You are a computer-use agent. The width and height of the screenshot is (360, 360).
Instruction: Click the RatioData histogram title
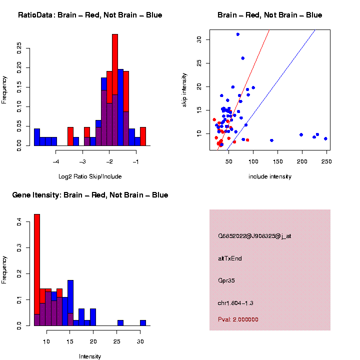tap(90, 15)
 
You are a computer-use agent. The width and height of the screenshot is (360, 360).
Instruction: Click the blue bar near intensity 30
tap(143, 323)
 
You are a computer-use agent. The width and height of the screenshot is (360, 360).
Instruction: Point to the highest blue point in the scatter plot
tap(237, 34)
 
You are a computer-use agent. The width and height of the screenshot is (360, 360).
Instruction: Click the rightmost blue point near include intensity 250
tap(325, 138)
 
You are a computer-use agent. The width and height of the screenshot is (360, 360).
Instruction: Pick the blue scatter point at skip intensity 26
tap(243, 58)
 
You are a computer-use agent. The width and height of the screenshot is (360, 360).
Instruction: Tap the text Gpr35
tap(226, 280)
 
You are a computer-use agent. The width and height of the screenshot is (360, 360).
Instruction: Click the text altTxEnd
tap(230, 258)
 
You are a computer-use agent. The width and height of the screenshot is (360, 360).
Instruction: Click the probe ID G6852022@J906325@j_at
tap(254, 236)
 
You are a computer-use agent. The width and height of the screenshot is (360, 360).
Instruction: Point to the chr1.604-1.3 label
tap(238, 303)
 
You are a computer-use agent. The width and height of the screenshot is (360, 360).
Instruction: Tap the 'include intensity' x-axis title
tap(270, 176)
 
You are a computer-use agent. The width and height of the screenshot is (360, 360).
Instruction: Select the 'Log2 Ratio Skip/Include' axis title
tap(90, 176)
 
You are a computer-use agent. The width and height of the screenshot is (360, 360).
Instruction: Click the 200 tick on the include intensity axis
tap(301, 161)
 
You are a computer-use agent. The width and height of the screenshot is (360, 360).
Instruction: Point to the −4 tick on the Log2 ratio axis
tap(55, 161)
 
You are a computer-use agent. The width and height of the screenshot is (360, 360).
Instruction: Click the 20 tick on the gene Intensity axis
tap(93, 341)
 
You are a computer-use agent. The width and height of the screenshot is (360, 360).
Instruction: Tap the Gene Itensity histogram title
tap(90, 195)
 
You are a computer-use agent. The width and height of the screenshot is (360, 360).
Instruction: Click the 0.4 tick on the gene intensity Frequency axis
tap(19, 222)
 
